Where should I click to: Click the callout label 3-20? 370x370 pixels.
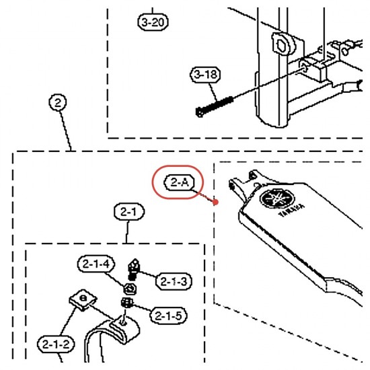pyautogui.click(x=153, y=22)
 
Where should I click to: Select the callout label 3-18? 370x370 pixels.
pyautogui.click(x=205, y=75)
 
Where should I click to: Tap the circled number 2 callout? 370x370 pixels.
pyautogui.click(x=58, y=102)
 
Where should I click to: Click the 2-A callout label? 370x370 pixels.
pyautogui.click(x=180, y=182)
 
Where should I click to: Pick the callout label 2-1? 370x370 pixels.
pyautogui.click(x=129, y=212)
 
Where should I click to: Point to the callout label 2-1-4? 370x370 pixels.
pyautogui.click(x=96, y=264)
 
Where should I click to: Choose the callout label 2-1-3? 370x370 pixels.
pyautogui.click(x=174, y=281)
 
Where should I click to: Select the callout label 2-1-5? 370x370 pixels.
pyautogui.click(x=168, y=316)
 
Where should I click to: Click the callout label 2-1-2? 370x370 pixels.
pyautogui.click(x=56, y=344)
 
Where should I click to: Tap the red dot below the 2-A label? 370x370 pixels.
pyautogui.click(x=215, y=202)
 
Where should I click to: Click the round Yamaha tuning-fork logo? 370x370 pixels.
pyautogui.click(x=277, y=198)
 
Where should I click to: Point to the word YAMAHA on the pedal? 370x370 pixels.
pyautogui.click(x=292, y=211)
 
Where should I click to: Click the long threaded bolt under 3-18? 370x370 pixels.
pyautogui.click(x=214, y=107)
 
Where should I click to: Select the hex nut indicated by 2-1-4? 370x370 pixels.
pyautogui.click(x=130, y=289)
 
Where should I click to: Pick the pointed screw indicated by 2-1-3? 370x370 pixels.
pyautogui.click(x=134, y=269)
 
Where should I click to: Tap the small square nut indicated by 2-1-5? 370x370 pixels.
pyautogui.click(x=127, y=302)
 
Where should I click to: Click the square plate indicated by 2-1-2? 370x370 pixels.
pyautogui.click(x=83, y=300)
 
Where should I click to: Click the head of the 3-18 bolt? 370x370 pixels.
pyautogui.click(x=200, y=112)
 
